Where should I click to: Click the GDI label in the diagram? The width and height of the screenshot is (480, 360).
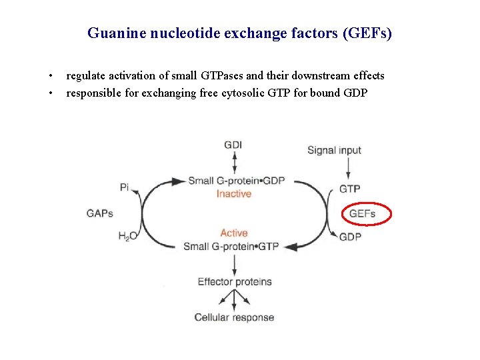pyautogui.click(x=233, y=145)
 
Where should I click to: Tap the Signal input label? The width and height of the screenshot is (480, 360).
pyautogui.click(x=334, y=150)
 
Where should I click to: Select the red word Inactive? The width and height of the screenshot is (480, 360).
pyautogui.click(x=233, y=193)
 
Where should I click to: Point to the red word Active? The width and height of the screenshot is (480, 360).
pyautogui.click(x=233, y=233)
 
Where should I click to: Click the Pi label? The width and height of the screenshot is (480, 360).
pyautogui.click(x=125, y=187)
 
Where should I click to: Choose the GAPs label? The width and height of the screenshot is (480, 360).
pyautogui.click(x=100, y=213)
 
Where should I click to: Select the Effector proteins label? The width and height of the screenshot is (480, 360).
pyautogui.click(x=235, y=281)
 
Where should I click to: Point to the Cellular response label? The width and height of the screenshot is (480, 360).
pyautogui.click(x=234, y=317)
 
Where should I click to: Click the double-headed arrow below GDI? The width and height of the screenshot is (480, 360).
pyautogui.click(x=234, y=163)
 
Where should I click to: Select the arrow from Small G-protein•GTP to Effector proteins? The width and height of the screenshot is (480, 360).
pyautogui.click(x=234, y=263)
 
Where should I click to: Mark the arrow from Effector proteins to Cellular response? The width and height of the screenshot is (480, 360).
pyautogui.click(x=234, y=299)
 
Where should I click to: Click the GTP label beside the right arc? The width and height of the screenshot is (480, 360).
pyautogui.click(x=350, y=189)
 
